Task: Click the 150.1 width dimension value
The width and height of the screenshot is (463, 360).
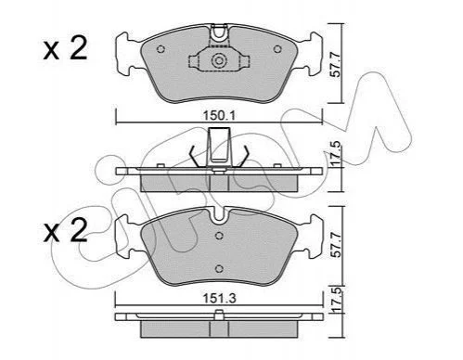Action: coord(219,116)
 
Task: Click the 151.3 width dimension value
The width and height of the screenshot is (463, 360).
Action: coord(219,299)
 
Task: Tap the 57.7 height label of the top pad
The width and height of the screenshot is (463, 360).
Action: coord(336,65)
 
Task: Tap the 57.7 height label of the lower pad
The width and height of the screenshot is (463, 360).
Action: coord(336,245)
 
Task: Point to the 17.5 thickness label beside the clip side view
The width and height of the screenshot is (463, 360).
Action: coord(336,153)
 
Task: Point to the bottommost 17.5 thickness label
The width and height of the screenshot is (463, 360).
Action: coord(336,300)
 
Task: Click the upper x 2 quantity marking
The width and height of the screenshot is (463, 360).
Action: coord(65,48)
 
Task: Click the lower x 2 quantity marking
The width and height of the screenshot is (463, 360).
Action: coord(65,231)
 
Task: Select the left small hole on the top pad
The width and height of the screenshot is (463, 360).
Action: coord(161,49)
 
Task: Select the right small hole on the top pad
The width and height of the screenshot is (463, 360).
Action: coord(277,49)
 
